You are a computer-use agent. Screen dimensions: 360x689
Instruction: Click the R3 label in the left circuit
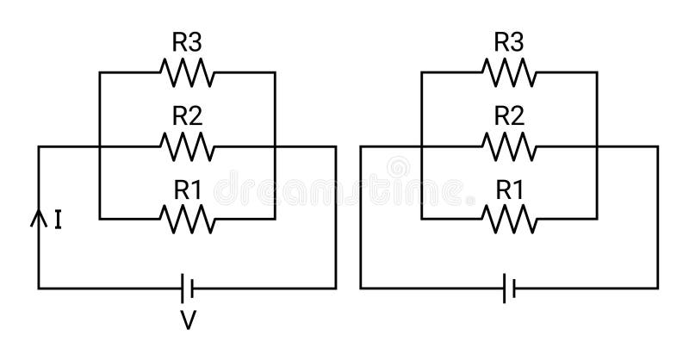coord(187,41)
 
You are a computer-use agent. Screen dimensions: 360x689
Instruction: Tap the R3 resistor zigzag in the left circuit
coord(187,73)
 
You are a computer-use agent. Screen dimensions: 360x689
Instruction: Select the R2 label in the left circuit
coord(187,115)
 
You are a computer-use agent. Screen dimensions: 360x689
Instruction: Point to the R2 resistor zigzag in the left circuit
coord(187,146)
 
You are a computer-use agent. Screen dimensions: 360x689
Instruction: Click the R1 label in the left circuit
coord(187,189)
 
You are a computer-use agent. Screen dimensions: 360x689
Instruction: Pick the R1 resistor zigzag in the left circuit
coord(187,220)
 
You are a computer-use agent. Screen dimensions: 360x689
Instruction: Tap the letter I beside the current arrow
coord(57,221)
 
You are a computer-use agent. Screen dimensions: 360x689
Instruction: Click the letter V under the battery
coord(188,321)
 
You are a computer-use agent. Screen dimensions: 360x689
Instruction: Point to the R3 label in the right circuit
coord(509,41)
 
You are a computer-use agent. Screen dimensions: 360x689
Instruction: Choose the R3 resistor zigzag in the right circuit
coord(509,73)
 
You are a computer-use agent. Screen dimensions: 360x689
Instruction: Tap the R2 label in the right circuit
coord(509,115)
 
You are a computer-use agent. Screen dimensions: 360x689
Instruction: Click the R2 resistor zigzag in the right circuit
coord(509,146)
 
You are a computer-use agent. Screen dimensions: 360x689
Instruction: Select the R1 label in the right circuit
coord(509,189)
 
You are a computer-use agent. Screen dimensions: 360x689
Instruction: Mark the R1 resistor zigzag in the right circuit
coord(509,220)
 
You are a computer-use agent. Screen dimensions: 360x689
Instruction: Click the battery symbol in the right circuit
coord(509,288)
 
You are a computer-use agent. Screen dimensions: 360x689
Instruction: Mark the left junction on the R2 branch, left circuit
coord(100,146)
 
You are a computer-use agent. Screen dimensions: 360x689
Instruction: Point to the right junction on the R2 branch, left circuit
coord(274,146)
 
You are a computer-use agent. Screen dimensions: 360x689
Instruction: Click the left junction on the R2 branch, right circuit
coord(421,146)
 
